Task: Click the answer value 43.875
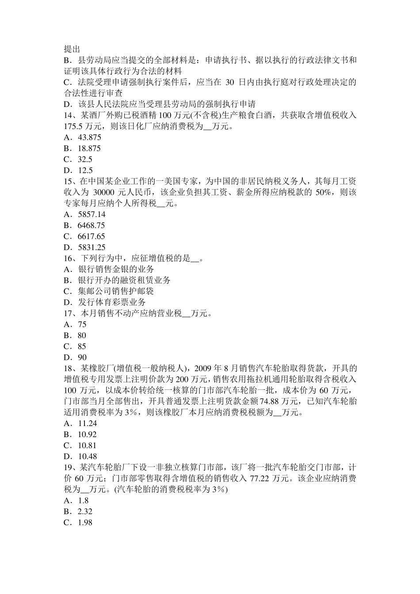tap(89, 137)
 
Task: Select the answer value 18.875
tap(89, 148)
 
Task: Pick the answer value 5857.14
tap(92, 214)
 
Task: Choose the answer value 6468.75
tap(92, 225)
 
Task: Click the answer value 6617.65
tap(92, 236)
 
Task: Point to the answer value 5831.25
tap(92, 247)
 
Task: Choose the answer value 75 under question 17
tap(82, 324)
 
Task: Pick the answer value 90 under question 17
tap(82, 358)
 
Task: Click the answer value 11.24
tap(87, 423)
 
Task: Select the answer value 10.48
tap(87, 457)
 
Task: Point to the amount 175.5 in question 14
tap(73, 126)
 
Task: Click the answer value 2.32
tap(85, 511)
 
